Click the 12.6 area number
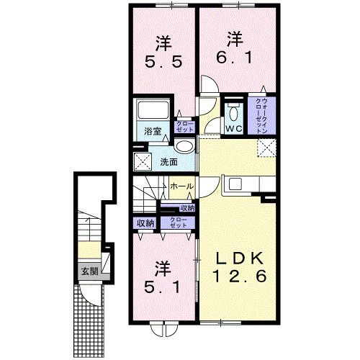tap(239, 276)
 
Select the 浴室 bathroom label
tap(152, 132)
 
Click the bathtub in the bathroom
tap(153, 112)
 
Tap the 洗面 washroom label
tap(168, 161)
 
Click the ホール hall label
tap(181, 186)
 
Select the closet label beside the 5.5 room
tap(185, 127)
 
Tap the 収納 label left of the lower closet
tap(145, 223)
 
